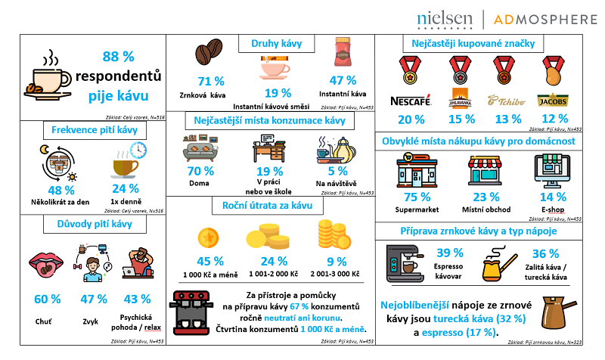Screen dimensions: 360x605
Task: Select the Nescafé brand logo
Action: pyautogui.click(x=410, y=101)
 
